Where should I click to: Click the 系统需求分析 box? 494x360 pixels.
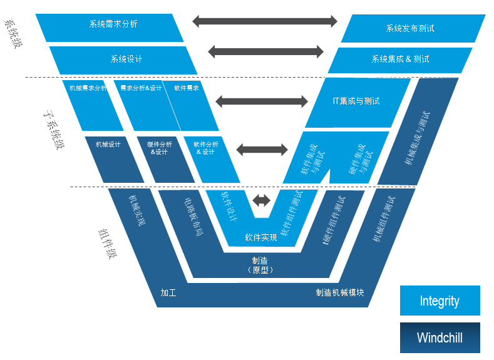coord(113,25)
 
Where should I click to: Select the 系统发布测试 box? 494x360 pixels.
coord(411,28)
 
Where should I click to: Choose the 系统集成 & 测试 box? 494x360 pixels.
coord(400,59)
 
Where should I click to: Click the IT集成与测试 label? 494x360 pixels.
coord(356,101)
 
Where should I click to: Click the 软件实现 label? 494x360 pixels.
coord(261,238)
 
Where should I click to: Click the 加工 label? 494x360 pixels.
coord(168,292)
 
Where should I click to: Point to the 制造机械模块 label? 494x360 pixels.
coord(340,292)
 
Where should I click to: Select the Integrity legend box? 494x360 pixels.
coord(440,301)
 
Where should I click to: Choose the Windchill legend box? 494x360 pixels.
coord(440,338)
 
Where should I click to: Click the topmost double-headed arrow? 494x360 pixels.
coord(265,21)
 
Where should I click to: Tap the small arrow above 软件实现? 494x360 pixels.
coord(262,200)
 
